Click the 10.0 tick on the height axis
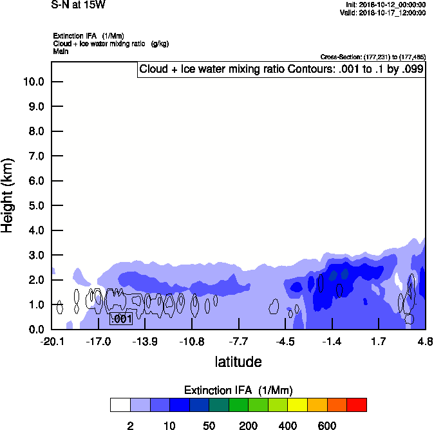pyautogui.click(x=33, y=82)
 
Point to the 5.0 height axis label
pyautogui.click(x=33, y=206)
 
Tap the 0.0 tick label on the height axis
pyautogui.click(x=33, y=330)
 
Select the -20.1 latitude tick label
pyautogui.click(x=52, y=341)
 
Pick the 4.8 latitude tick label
pyautogui.click(x=425, y=341)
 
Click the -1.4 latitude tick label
pyautogui.click(x=332, y=341)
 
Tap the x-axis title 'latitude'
pyautogui.click(x=238, y=362)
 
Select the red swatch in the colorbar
pyautogui.click(x=357, y=405)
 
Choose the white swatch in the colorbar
pyautogui.click(x=120, y=405)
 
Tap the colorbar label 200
pyautogui.click(x=248, y=425)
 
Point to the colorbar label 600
pyautogui.click(x=327, y=425)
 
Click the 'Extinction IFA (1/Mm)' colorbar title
pyautogui.click(x=238, y=390)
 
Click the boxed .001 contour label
pyautogui.click(x=121, y=319)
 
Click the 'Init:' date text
pyautogui.click(x=385, y=5)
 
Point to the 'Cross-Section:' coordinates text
pyautogui.click(x=373, y=57)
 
